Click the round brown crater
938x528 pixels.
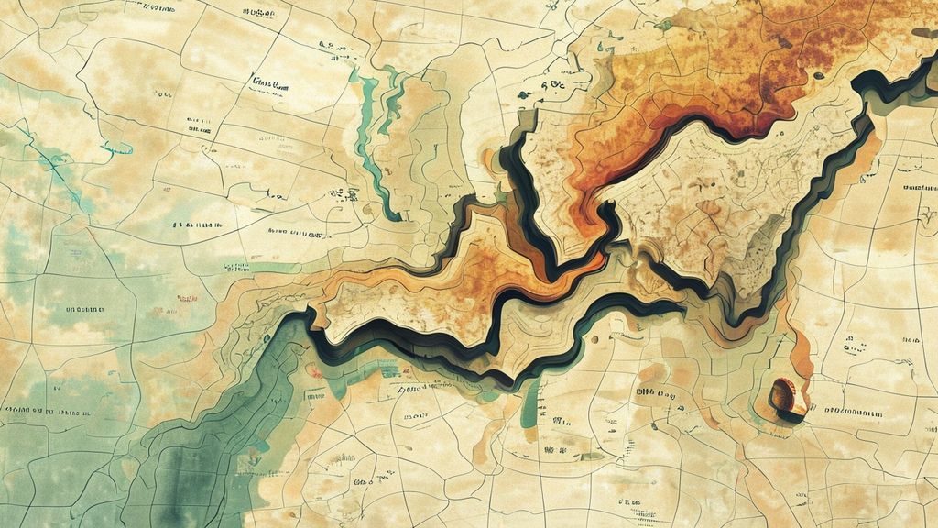click(x=783, y=397)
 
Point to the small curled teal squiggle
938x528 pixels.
click(x=116, y=148)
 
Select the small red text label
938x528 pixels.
click(x=188, y=298)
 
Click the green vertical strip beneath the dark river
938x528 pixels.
click(x=530, y=412)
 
